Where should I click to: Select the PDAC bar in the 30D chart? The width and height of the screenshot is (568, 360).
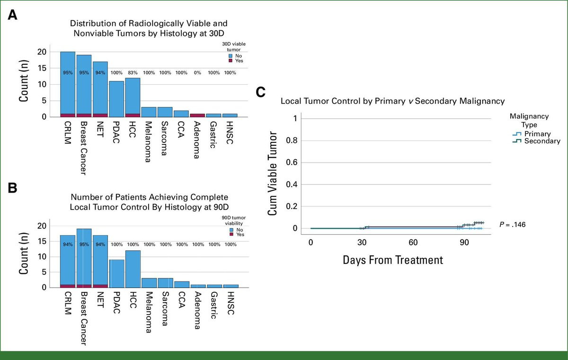[x=116, y=99]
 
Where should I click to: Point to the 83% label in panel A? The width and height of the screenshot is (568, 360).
[x=133, y=73]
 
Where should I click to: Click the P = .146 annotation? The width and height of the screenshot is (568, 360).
[x=512, y=224]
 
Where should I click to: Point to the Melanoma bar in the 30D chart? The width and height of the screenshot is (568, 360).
[x=149, y=112]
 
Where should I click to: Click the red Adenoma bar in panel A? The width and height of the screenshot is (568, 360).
[x=198, y=115]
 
